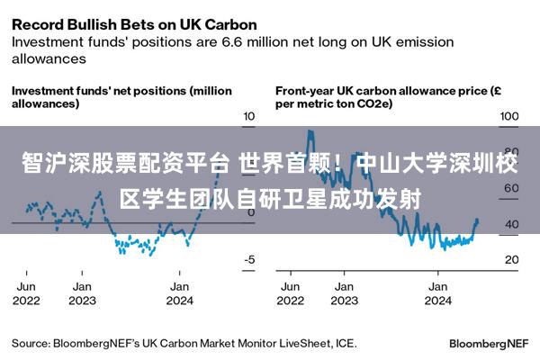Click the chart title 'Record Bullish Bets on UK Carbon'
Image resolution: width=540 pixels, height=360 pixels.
[x=134, y=25]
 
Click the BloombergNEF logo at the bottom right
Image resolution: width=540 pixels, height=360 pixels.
[x=489, y=344]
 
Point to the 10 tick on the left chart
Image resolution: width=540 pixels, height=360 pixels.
[x=249, y=116]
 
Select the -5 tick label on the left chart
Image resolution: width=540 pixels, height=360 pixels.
[x=249, y=259]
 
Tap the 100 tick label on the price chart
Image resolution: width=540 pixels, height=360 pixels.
[x=509, y=116]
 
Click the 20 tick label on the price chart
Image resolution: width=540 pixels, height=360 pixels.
[x=512, y=259]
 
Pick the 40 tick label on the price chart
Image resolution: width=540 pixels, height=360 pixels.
[x=512, y=224]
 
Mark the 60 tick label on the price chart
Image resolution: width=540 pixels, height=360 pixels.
[x=512, y=188]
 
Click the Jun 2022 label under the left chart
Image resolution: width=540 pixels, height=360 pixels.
[x=26, y=293]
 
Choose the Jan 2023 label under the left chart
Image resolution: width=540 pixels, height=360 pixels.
[x=82, y=293]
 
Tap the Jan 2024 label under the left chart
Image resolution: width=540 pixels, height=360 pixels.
[x=179, y=293]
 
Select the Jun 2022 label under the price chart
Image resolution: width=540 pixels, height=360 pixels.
[x=291, y=293]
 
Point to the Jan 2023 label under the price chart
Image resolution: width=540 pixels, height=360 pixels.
[x=345, y=293]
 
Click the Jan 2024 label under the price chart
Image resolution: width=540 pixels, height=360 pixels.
[x=438, y=293]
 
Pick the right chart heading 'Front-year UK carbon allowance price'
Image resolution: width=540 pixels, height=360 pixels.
[x=382, y=91]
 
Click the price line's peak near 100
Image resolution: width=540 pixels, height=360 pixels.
[x=310, y=131]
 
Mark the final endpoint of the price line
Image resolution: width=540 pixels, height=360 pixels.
[x=477, y=220]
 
